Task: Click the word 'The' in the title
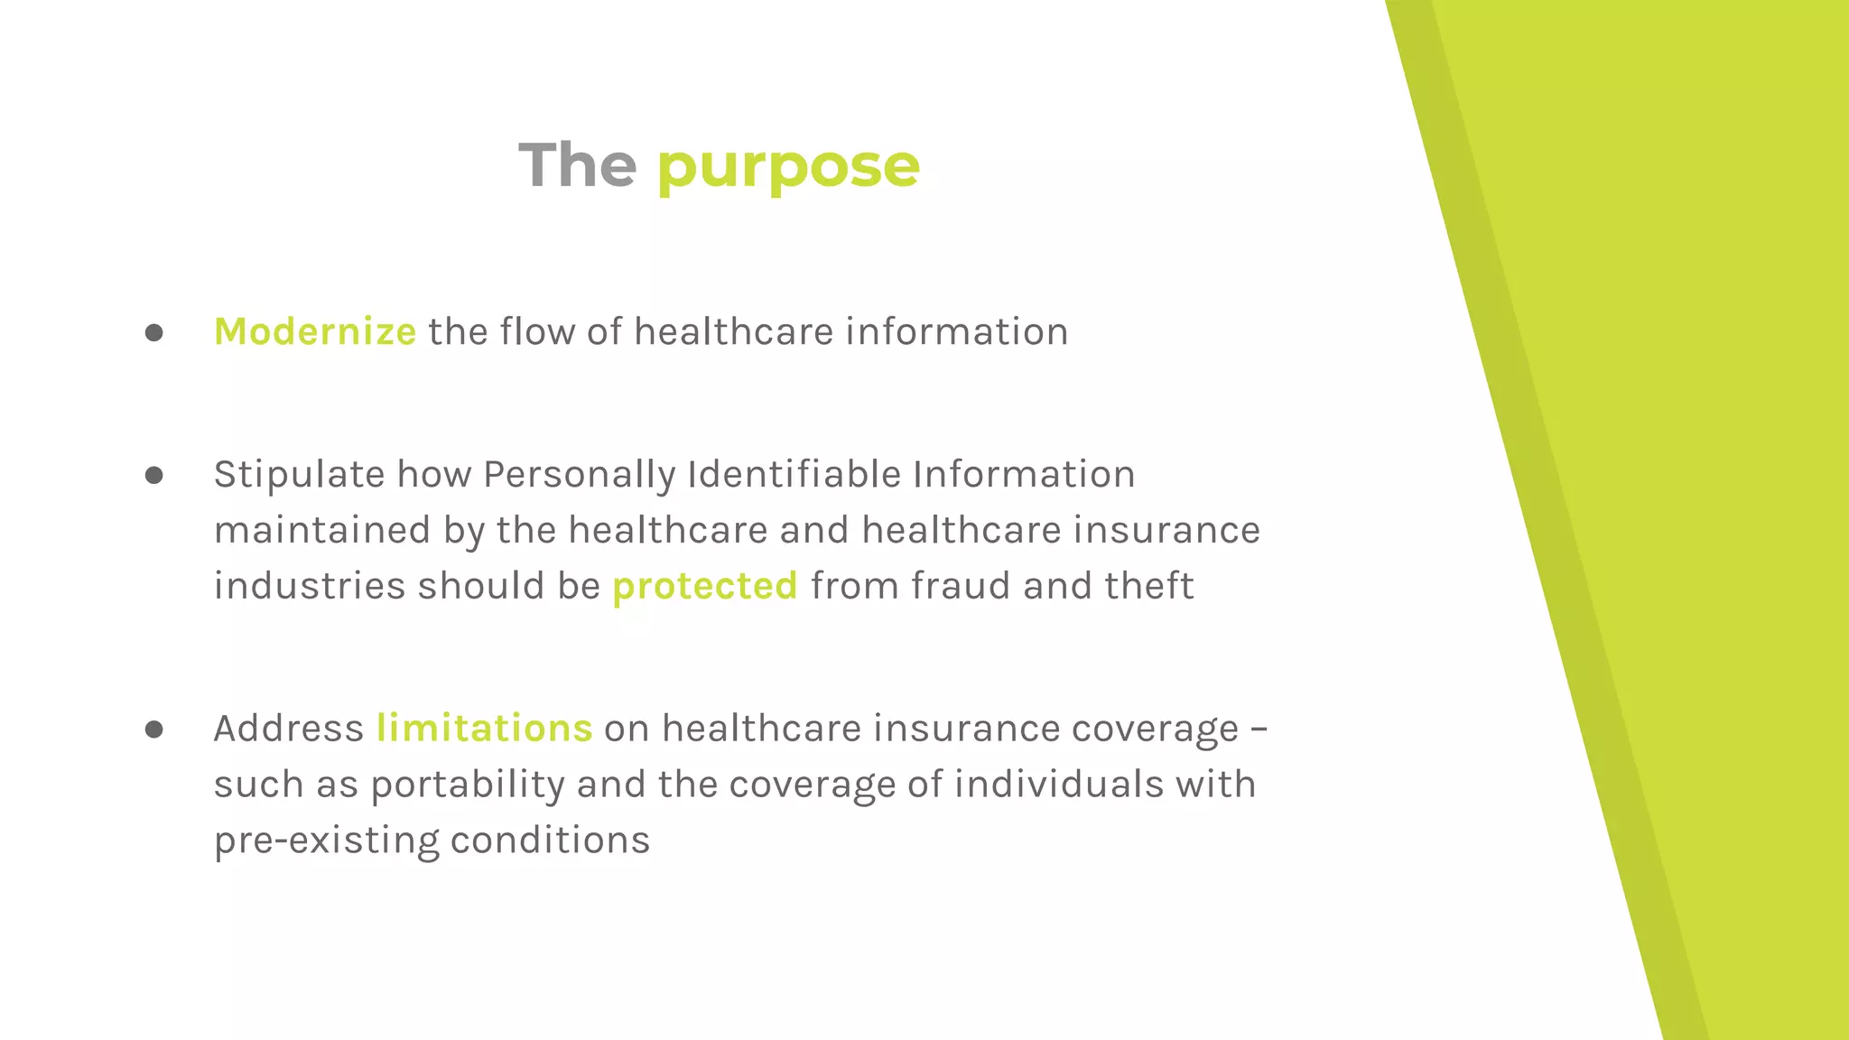578,165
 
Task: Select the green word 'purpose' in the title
788,167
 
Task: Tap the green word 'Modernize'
315,331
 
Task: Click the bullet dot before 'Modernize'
154,333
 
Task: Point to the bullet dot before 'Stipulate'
154,476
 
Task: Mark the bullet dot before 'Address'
154,729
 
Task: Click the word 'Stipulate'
299,475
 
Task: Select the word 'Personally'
579,475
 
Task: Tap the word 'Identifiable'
794,474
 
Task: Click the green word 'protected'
705,586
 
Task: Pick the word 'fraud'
961,585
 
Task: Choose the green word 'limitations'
484,728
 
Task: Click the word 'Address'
288,729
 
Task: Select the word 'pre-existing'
326,840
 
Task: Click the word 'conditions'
550,840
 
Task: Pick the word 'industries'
310,585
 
